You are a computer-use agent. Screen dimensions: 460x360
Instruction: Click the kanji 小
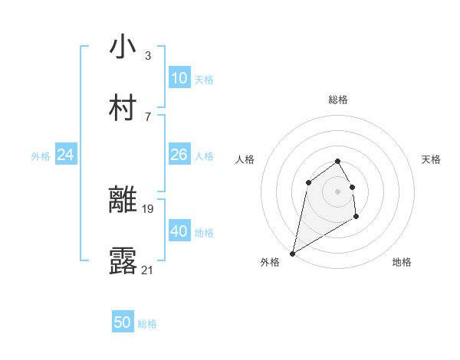[x=123, y=47]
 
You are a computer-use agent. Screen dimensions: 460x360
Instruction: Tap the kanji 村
[x=123, y=108]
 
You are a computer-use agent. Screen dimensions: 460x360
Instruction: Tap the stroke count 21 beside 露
[x=148, y=270]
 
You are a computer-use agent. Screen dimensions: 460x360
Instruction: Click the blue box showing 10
[x=179, y=78]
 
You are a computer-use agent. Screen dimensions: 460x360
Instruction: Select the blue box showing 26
[x=179, y=155]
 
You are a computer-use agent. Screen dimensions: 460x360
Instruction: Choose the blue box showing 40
[x=179, y=231]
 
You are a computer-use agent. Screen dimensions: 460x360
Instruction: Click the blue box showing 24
[x=65, y=155]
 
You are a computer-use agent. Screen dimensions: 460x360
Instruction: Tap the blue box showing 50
[x=122, y=322]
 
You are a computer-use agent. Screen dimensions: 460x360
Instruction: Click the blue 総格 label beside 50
[x=147, y=324]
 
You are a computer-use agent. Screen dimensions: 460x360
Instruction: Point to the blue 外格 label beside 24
[x=41, y=156]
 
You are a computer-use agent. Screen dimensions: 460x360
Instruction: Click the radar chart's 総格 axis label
[x=337, y=100]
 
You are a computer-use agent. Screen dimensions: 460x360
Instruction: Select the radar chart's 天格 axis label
[x=431, y=159]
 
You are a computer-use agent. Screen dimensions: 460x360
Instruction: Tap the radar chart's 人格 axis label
[x=245, y=159]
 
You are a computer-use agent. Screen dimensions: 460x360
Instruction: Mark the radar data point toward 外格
[x=292, y=253]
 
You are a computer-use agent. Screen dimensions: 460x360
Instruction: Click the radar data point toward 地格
[x=356, y=217]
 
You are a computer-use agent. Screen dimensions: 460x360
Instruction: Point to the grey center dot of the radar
[x=337, y=191]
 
